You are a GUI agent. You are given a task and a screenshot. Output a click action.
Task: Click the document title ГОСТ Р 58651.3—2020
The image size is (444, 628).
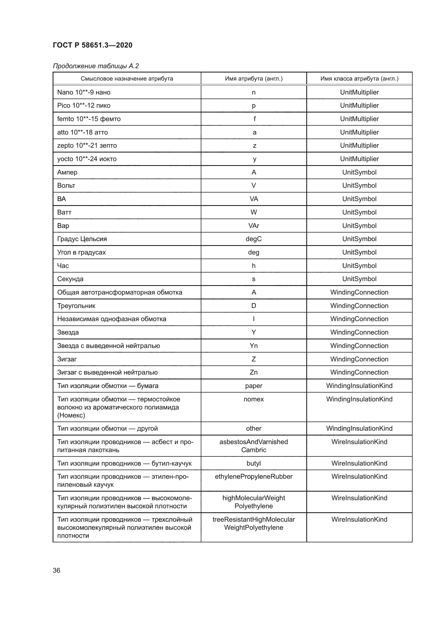(92, 45)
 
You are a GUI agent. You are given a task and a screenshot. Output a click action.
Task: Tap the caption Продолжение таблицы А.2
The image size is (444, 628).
(96, 66)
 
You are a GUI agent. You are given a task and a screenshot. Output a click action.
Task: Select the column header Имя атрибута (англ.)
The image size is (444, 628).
(253, 79)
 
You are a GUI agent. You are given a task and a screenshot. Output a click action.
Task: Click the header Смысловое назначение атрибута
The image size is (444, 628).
(127, 79)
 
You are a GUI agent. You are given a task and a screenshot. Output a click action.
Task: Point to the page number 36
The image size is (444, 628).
(56, 570)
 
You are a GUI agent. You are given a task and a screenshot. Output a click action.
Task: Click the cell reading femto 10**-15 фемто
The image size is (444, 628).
(89, 119)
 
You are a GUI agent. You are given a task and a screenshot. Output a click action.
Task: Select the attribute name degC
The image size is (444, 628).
(253, 239)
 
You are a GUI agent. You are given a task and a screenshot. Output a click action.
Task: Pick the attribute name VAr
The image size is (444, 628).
(253, 226)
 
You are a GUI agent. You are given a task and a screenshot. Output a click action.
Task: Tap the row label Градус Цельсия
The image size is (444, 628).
(82, 239)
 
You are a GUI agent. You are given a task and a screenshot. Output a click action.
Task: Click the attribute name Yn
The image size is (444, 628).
(253, 346)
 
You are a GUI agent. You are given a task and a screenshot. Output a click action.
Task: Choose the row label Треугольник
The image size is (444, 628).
(76, 306)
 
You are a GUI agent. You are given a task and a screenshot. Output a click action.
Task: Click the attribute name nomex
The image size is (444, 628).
(253, 399)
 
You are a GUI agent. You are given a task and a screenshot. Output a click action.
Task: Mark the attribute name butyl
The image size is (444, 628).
(253, 463)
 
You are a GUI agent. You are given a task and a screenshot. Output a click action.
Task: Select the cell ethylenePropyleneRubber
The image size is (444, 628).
(253, 477)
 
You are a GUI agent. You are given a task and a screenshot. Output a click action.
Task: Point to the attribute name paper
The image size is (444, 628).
(253, 386)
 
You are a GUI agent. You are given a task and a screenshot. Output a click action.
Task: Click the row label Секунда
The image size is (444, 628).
(70, 279)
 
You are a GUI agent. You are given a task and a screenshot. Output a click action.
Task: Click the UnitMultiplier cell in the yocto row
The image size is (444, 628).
(359, 159)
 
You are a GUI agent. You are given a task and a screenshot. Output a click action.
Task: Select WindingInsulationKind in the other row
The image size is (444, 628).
(359, 428)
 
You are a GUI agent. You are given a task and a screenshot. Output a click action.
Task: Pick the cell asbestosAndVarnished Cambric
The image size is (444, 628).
(253, 446)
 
